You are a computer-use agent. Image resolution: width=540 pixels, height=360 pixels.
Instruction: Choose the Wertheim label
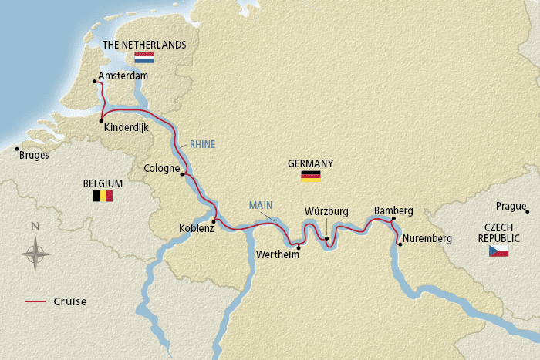click(x=278, y=255)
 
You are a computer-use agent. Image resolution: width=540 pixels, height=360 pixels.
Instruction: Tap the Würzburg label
click(x=326, y=210)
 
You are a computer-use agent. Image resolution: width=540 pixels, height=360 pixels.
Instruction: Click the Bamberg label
click(x=393, y=210)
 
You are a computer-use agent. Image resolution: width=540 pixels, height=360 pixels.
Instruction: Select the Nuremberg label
click(x=427, y=238)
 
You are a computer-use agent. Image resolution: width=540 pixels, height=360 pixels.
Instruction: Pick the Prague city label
click(x=511, y=206)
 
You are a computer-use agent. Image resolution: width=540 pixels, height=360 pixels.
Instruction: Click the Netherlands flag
click(x=144, y=58)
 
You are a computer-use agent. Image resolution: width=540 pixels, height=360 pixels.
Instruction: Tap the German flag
click(x=310, y=177)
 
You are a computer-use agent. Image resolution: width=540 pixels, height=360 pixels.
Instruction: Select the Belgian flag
click(x=103, y=196)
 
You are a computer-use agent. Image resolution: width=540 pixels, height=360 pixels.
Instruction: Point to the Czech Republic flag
click(x=498, y=252)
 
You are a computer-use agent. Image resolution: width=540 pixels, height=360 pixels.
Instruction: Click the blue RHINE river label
click(x=203, y=144)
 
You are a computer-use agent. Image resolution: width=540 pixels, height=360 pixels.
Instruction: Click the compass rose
click(x=35, y=251)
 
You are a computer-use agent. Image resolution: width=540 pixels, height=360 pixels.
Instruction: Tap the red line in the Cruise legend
click(x=36, y=301)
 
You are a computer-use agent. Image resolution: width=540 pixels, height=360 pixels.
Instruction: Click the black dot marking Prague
click(x=527, y=211)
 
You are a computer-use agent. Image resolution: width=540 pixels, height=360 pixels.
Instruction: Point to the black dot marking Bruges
click(x=16, y=149)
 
